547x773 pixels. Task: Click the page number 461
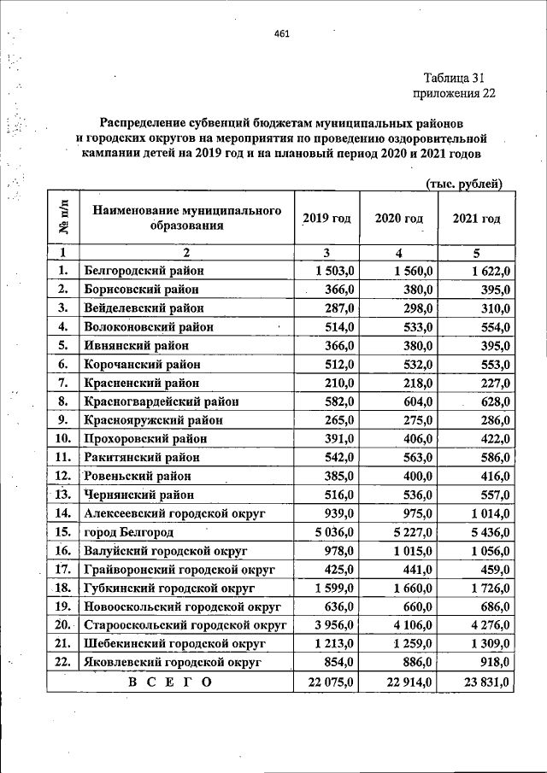pos(282,34)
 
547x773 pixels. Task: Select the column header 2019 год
pos(326,218)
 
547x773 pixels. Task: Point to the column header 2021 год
pos(476,218)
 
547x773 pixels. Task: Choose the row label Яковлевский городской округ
pos(171,661)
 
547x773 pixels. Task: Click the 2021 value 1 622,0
pos(490,271)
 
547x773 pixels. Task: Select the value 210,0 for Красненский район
pos(339,382)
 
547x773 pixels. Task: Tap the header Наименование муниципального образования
pos(187,218)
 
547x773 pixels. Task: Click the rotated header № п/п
pos(62,218)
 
